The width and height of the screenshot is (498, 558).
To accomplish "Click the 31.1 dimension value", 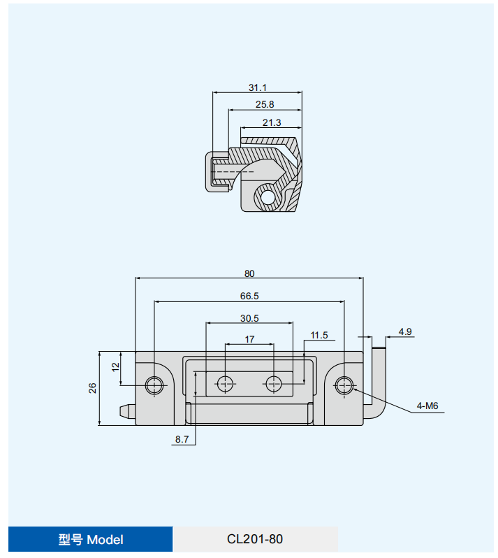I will [x=257, y=87].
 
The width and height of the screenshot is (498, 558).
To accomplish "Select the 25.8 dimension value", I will [x=265, y=104].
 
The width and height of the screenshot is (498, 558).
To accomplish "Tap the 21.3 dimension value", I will [x=272, y=122].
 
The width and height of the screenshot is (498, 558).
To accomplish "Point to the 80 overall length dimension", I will [x=249, y=273].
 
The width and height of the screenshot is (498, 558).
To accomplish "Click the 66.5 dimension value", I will [x=249, y=296].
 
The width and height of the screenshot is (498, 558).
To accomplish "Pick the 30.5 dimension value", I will [x=249, y=318].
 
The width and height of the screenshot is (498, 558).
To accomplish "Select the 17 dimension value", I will [x=249, y=339].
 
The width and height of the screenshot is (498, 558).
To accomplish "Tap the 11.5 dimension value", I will [x=319, y=336].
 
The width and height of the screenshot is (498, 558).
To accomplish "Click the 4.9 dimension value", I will [x=405, y=331].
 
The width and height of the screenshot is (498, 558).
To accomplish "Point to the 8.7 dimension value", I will [x=182, y=439].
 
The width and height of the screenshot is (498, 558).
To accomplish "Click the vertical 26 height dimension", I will [x=92, y=388].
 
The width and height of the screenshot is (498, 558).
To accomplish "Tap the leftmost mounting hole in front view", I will [x=154, y=385].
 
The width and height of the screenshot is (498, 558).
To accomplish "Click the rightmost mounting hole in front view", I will [x=344, y=385].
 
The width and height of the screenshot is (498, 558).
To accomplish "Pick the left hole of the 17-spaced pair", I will [x=225, y=383].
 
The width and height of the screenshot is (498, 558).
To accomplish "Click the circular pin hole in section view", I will [x=267, y=196].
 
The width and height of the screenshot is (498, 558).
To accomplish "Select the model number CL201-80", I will [x=255, y=539].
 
